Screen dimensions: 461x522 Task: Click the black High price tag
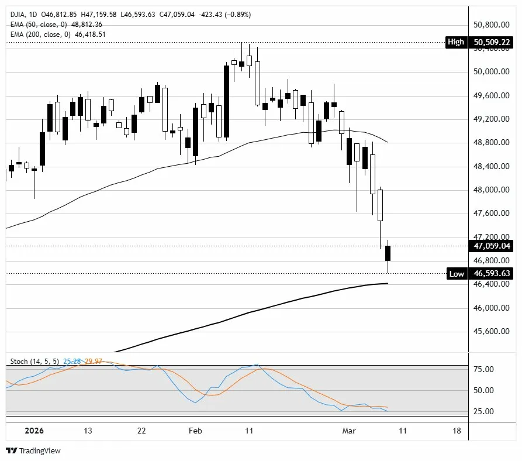click(x=455, y=42)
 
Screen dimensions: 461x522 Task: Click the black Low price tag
click(x=456, y=273)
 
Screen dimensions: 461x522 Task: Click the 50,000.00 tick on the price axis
click(x=490, y=72)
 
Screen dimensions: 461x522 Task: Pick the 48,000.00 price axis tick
click(x=490, y=190)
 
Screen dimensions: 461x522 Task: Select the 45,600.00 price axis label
click(x=490, y=332)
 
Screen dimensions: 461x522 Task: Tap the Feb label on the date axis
click(x=195, y=431)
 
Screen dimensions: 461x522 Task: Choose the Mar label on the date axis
click(x=350, y=431)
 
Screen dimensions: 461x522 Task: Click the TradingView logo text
click(x=40, y=451)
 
